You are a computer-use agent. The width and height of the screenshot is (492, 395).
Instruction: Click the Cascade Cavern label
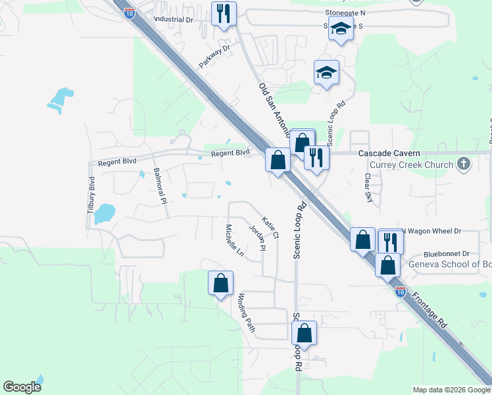click(389, 153)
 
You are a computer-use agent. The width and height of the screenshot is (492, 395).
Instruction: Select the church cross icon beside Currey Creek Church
click(464, 164)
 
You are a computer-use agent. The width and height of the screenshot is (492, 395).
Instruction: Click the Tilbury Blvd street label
click(91, 194)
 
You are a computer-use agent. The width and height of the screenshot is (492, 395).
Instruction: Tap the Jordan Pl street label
click(257, 238)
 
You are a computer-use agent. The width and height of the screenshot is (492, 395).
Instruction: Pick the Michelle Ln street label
click(234, 240)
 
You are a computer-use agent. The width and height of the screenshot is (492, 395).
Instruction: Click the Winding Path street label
click(246, 312)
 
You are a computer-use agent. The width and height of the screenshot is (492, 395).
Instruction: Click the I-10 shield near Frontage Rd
click(400, 290)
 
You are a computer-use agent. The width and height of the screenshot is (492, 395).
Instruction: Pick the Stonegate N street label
click(345, 13)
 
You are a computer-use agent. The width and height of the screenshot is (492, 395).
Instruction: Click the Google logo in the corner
click(22, 387)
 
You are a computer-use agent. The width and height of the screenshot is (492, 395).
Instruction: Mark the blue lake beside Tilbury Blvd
click(103, 214)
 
